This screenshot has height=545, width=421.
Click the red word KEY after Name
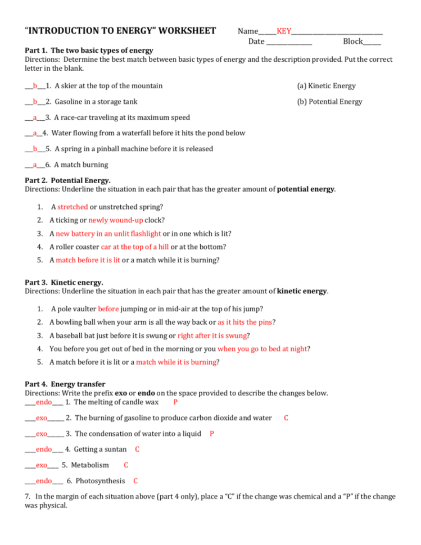coord(284,31)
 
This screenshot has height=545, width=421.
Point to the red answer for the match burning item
coord(35,165)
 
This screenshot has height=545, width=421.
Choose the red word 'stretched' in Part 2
coord(73,207)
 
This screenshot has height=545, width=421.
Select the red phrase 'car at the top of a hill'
coord(135,247)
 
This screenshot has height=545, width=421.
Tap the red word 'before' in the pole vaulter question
coord(108,309)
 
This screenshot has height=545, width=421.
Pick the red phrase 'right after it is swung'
coord(212,335)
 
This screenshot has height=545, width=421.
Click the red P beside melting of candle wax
coord(176,402)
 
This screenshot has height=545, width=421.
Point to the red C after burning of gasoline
coord(286,418)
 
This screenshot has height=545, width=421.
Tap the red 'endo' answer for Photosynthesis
coord(44,481)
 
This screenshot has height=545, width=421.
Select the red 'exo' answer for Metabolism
coord(42,465)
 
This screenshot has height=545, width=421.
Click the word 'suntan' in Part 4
coord(115,449)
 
